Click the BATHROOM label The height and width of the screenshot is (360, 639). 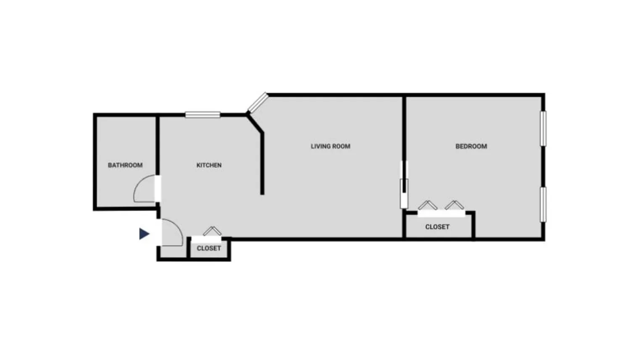click(125, 165)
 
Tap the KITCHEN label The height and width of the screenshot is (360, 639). click(209, 165)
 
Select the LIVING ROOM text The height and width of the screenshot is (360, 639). click(330, 146)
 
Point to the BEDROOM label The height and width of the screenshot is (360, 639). click(471, 146)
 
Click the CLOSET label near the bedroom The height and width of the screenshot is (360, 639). click(437, 227)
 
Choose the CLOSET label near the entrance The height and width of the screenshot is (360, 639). click(209, 248)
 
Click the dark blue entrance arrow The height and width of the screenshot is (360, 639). click(144, 234)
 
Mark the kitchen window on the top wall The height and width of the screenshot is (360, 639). click(203, 114)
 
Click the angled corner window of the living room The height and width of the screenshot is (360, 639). click(258, 103)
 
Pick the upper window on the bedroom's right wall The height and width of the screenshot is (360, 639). click(543, 128)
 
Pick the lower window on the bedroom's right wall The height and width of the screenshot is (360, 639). click(543, 204)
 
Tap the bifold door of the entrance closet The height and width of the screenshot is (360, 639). click(212, 231)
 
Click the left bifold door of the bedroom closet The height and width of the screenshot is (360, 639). click(428, 205)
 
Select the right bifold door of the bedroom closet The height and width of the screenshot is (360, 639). click(454, 205)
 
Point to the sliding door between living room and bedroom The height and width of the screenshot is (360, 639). click(404, 185)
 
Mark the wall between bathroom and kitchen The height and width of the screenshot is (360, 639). click(158, 143)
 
